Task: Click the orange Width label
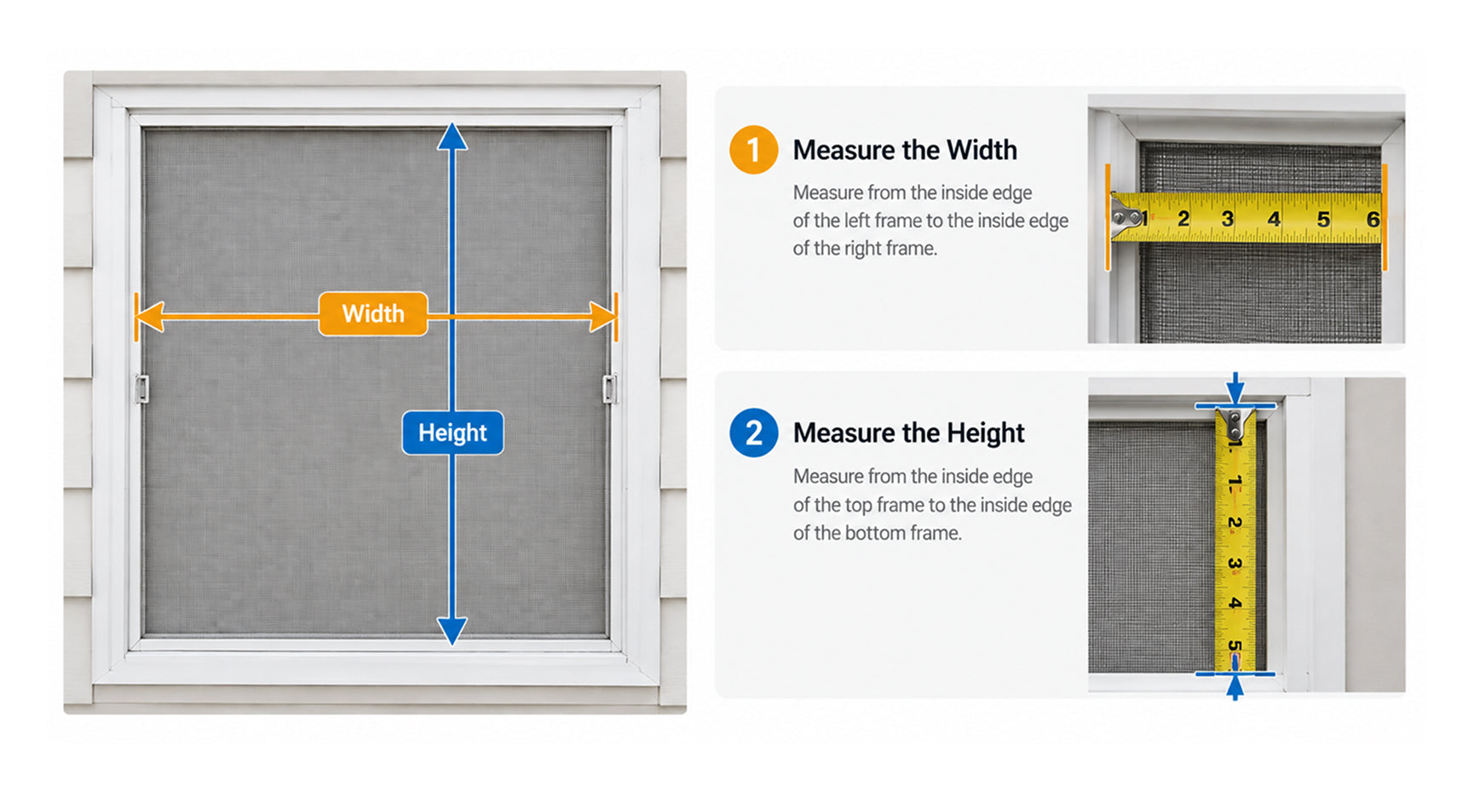[x=373, y=313]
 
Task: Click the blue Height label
[x=452, y=433]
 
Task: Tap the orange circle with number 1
[x=753, y=150]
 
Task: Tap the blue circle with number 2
[x=753, y=433]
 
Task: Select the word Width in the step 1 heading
[x=982, y=150]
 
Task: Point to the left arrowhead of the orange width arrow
[x=149, y=317]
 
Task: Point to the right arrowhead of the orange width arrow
[x=602, y=317]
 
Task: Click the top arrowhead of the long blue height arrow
[x=452, y=137]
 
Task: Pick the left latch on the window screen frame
[x=141, y=388]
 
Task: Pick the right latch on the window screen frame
[x=610, y=388]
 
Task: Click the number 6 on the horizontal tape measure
[x=1373, y=220]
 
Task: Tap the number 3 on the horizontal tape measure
[x=1227, y=219]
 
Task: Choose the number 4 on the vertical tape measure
[x=1235, y=603]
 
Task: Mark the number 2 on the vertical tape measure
[x=1235, y=522]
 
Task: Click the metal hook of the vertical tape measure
[x=1235, y=424]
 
